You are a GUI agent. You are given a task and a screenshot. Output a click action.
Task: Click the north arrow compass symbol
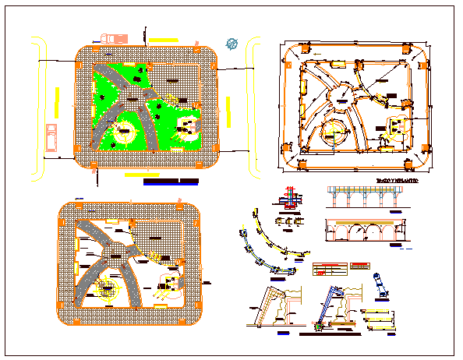tap(231, 44)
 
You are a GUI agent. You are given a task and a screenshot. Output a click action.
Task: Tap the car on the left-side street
tap(51, 136)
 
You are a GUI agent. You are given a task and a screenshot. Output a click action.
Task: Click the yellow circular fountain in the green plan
tap(124, 133)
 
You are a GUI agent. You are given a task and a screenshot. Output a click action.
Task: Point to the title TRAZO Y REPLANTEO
tap(398, 181)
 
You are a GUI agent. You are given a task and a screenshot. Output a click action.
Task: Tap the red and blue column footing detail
tap(291, 199)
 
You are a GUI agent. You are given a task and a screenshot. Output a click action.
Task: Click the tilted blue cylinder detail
tap(380, 284)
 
